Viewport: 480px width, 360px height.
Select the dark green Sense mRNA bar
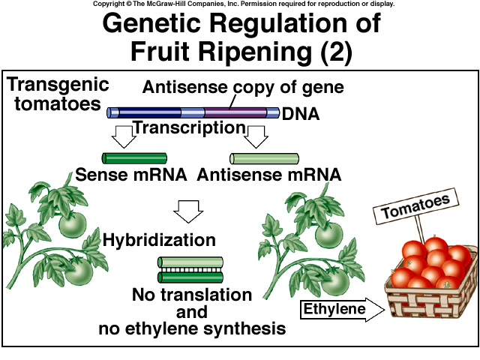(x=134, y=158)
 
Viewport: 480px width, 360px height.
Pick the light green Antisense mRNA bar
(x=262, y=158)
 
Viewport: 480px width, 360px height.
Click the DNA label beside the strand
(x=301, y=115)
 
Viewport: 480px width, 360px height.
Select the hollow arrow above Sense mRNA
(x=122, y=135)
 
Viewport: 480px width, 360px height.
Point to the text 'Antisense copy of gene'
(x=243, y=87)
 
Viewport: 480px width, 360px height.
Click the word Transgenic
(x=58, y=83)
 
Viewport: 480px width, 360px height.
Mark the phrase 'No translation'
(x=191, y=294)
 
